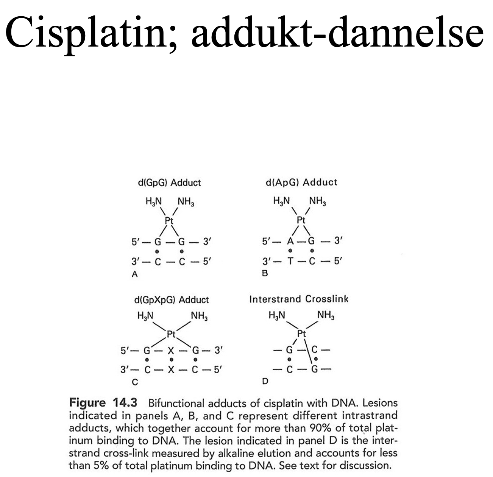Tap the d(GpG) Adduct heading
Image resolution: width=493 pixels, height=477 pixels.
169,183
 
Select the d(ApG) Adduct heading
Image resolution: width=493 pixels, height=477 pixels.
301,182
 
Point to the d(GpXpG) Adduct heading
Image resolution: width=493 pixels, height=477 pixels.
171,300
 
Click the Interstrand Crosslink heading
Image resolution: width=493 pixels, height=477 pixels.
299,299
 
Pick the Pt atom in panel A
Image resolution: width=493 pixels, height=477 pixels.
169,220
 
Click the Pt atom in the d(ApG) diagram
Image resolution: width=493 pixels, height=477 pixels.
301,220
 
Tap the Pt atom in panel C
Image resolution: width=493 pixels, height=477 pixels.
172,334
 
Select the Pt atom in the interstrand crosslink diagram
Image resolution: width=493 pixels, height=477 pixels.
301,334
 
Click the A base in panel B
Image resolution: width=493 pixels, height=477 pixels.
290,241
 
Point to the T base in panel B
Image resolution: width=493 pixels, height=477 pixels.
290,261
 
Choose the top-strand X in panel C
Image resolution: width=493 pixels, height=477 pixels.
171,351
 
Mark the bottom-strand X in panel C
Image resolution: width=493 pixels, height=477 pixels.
171,369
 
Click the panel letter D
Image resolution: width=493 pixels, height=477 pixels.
265,381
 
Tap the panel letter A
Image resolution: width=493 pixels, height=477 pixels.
134,274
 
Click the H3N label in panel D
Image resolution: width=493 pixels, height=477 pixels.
277,315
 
